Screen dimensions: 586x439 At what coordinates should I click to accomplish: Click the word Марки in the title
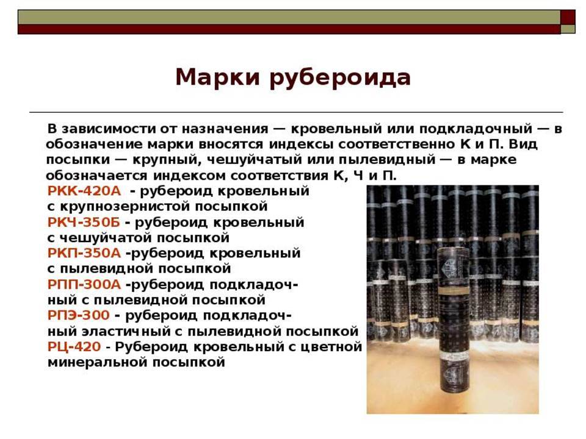[217, 77]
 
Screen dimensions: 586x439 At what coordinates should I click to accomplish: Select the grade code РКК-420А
[84, 191]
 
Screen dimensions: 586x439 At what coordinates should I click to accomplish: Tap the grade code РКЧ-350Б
[84, 222]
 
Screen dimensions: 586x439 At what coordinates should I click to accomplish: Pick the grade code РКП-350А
[84, 253]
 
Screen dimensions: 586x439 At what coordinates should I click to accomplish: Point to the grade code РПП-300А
[84, 285]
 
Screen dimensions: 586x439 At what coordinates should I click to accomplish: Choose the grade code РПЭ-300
[79, 315]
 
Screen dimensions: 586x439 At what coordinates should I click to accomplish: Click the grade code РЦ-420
[74, 347]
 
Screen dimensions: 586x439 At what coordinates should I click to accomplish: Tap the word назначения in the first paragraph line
[225, 129]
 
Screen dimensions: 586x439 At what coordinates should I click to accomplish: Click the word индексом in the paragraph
[189, 176]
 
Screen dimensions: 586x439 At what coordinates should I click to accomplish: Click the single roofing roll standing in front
[453, 319]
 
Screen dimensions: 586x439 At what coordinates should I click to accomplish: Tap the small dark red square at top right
[568, 17]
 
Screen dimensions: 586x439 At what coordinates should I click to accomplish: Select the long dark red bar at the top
[289, 29]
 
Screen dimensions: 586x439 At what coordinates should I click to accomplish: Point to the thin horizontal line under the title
[296, 112]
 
